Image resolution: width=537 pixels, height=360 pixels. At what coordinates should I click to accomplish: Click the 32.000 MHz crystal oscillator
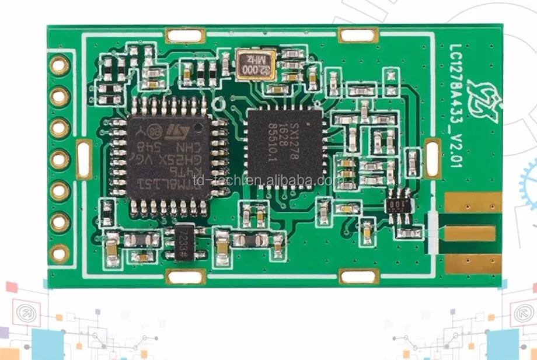pos(255,64)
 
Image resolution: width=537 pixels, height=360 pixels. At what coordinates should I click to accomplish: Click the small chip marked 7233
pos(182,244)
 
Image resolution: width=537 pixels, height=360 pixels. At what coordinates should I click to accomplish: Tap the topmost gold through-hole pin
pos(59,65)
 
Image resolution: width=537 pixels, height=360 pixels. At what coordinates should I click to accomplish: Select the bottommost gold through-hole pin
pos(59,253)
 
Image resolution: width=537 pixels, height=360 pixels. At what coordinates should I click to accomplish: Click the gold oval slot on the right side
pos(433,158)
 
